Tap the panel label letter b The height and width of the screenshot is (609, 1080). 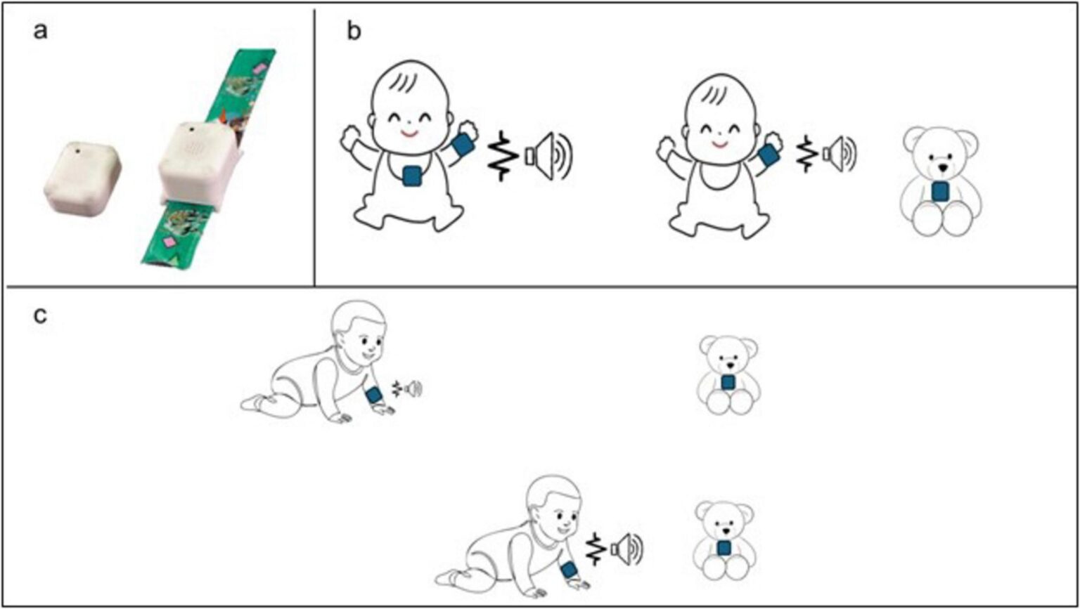click(x=356, y=33)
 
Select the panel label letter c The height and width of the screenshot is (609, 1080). click(x=42, y=315)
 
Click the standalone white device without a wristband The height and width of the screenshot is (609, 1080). click(x=82, y=176)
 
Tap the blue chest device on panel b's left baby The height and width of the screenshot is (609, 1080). click(x=413, y=176)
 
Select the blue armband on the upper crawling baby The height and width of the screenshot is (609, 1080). click(x=374, y=395)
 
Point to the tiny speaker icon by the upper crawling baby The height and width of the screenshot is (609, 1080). click(x=416, y=387)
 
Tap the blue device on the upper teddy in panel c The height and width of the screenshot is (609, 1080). click(x=728, y=382)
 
